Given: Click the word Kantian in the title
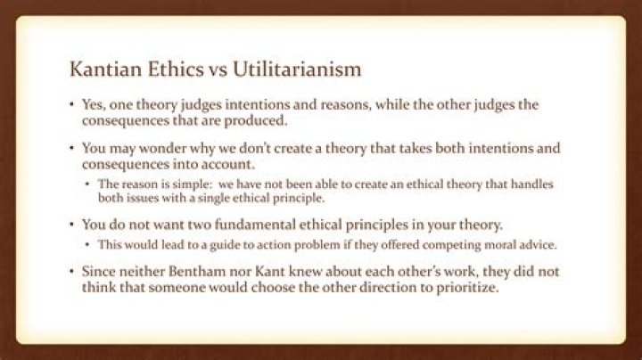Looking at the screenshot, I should pos(104,70).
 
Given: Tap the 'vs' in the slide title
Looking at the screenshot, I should pos(206,70).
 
